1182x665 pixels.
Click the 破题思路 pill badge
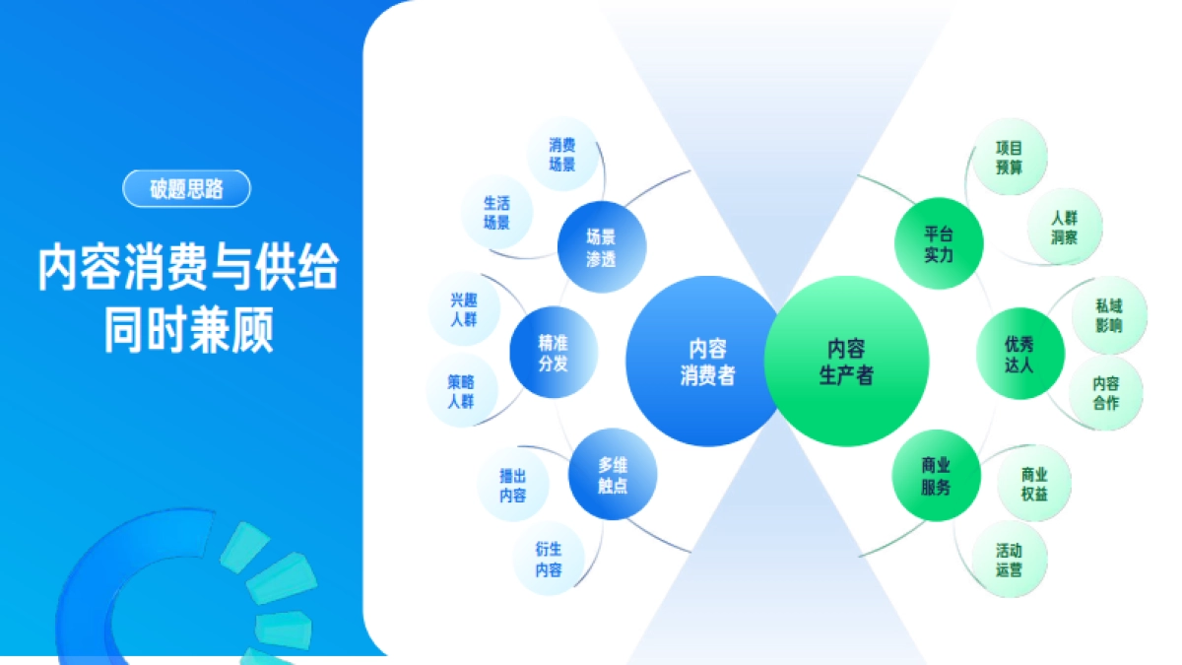tap(186, 189)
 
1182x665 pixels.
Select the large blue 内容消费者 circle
tap(706, 361)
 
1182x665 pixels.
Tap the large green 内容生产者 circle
tap(846, 361)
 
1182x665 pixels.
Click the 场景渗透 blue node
tap(601, 247)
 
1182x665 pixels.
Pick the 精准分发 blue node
tap(553, 353)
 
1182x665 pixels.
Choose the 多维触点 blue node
tap(613, 476)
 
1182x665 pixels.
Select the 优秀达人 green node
tap(1019, 354)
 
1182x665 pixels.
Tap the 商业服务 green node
tap(936, 476)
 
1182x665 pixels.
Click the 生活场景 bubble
tap(496, 213)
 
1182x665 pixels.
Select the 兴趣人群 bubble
tap(462, 309)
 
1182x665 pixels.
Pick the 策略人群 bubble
tap(460, 391)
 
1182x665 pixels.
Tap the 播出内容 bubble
tap(512, 486)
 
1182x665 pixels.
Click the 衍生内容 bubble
tap(549, 560)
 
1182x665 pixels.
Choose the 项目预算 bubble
tap(1010, 158)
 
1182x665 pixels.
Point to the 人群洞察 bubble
tap(1064, 227)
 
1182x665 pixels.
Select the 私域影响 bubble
tap(1108, 315)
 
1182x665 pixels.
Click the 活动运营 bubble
tap(1009, 560)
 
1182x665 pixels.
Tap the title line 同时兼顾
tap(188, 331)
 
